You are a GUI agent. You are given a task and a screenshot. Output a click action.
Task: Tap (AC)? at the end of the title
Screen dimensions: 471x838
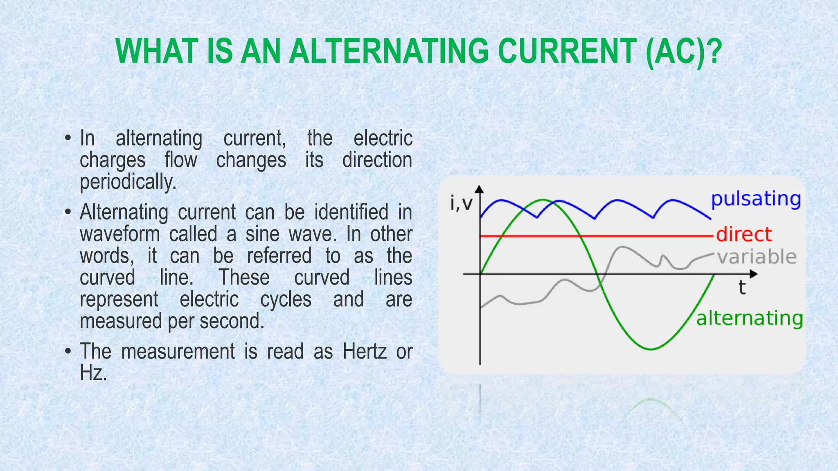point(683,51)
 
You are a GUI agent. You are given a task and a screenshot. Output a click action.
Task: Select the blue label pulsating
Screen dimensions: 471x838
point(755,199)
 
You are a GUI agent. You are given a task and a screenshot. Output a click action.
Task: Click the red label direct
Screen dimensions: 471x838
point(743,234)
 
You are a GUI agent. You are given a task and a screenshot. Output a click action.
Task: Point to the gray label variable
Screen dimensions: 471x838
point(757,257)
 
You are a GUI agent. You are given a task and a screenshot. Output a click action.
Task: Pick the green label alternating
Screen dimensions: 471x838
point(749,318)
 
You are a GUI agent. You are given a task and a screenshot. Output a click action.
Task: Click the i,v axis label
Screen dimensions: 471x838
point(461,203)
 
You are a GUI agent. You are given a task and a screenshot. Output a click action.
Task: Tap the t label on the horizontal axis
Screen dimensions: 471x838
point(742,287)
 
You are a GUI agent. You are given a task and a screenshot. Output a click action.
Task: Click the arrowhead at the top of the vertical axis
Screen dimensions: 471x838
point(480,189)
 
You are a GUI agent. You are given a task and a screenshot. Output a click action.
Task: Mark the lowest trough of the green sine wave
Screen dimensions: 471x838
point(651,349)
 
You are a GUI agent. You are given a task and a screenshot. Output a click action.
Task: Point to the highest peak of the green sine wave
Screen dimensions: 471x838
point(543,200)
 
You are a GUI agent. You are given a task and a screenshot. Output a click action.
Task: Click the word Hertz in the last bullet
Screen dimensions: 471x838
point(364,351)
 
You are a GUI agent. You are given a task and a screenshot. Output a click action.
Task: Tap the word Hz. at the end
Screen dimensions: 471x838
point(93,373)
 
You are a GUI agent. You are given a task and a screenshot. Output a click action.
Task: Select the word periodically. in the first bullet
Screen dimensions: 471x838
point(128,182)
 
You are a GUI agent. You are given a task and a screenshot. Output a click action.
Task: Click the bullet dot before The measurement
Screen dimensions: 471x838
point(68,351)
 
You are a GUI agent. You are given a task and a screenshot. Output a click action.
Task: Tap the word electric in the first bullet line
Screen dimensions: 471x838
point(383,138)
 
